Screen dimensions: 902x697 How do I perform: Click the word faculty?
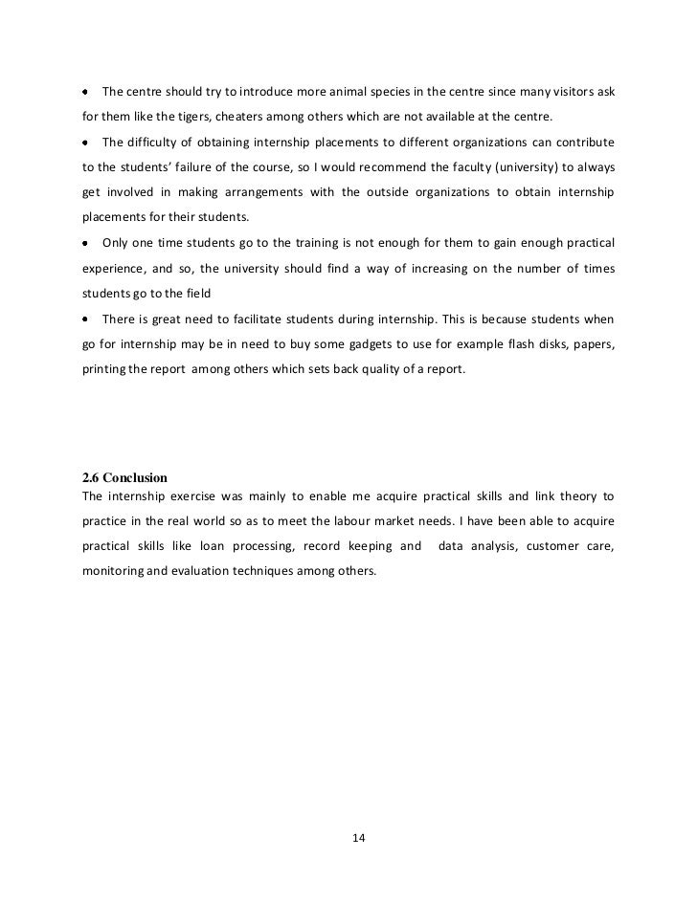click(x=493, y=167)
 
